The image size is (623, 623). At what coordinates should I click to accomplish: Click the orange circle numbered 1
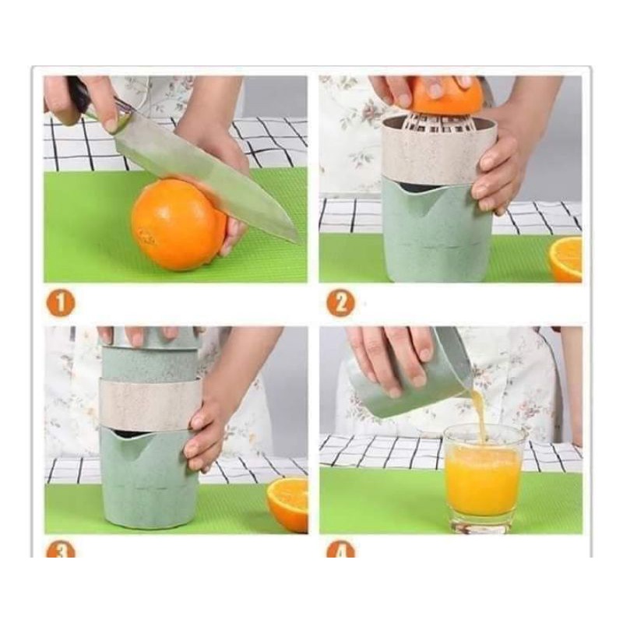[61, 303]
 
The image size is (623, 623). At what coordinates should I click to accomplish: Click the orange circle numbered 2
[340, 303]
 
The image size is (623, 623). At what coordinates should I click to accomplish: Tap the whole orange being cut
[179, 225]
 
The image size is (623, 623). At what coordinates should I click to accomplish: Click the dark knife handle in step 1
[79, 94]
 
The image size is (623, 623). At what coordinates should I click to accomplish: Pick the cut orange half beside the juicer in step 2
[566, 259]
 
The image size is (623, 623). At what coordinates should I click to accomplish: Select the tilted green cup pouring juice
[410, 378]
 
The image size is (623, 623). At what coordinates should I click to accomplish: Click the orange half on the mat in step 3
[287, 505]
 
